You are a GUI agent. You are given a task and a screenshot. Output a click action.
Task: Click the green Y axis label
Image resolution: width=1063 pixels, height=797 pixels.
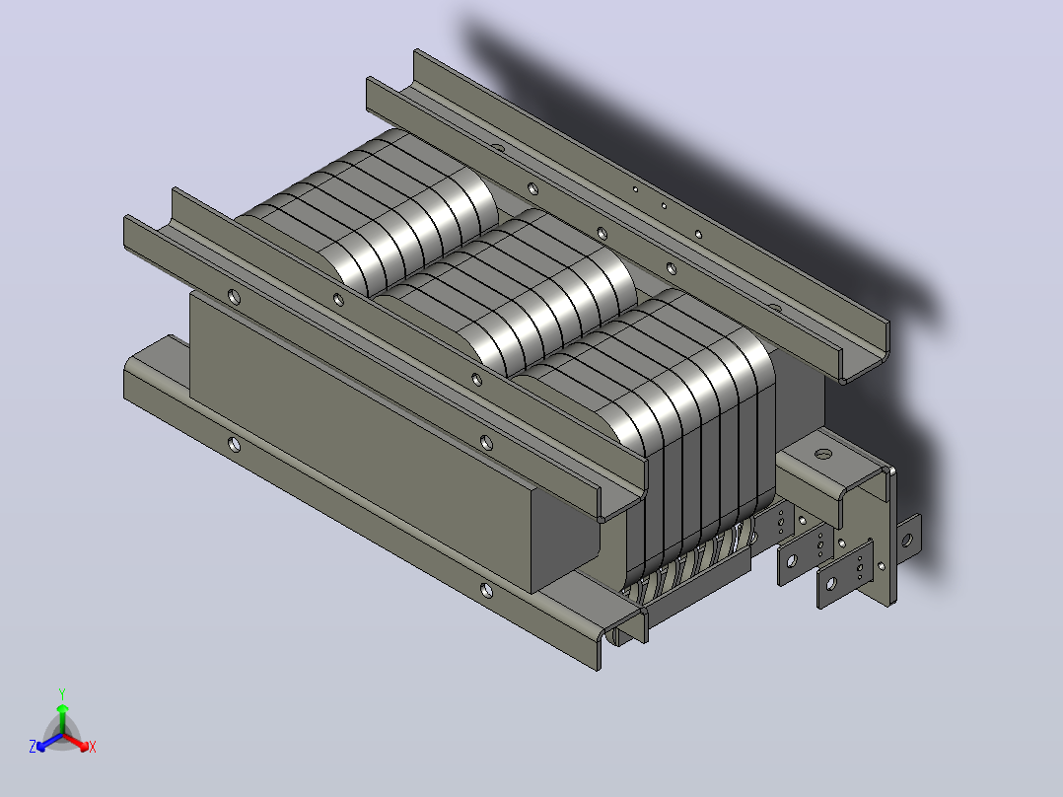coord(62,693)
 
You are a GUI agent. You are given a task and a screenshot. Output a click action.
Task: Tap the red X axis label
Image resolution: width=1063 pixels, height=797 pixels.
coord(93,747)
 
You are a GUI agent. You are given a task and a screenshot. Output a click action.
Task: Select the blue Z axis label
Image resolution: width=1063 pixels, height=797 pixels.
coord(33,746)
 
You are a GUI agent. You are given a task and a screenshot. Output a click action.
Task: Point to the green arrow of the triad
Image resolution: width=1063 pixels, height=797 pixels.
coord(62,718)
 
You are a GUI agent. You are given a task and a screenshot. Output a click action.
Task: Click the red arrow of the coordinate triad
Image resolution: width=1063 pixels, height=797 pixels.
coord(76,742)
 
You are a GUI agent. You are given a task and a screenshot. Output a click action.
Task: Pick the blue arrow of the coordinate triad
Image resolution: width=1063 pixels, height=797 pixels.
coord(49,742)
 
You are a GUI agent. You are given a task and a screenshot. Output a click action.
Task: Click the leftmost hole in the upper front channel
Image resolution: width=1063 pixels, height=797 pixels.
coord(234,297)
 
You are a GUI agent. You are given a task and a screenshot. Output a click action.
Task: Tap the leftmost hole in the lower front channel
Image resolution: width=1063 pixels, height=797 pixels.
coord(234,445)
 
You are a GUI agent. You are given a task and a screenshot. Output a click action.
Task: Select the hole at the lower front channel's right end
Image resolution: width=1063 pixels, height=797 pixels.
coord(486,590)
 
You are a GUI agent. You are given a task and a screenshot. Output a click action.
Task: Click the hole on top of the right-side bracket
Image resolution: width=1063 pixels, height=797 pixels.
coord(822,454)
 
